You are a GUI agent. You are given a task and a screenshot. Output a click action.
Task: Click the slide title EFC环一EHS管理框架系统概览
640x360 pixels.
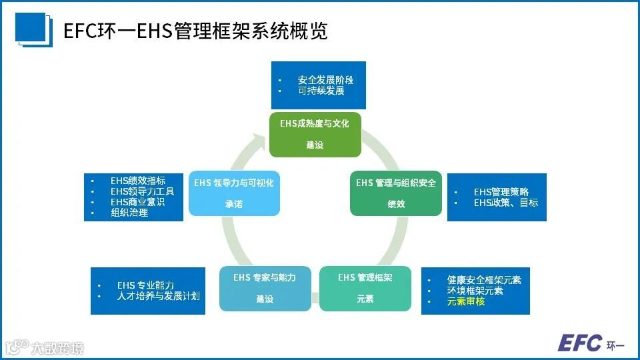(195, 31)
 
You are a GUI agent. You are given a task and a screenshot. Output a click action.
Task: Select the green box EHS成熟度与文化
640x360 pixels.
(315, 134)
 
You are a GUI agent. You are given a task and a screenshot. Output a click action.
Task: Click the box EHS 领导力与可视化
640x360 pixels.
(233, 193)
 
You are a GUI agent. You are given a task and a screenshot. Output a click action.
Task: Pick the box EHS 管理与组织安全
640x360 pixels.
(396, 193)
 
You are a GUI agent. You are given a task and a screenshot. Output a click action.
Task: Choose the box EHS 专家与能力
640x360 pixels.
(265, 288)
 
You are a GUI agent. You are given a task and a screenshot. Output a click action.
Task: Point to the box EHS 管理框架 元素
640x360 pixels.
(365, 288)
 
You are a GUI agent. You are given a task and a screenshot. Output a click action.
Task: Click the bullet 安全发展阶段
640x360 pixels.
(325, 80)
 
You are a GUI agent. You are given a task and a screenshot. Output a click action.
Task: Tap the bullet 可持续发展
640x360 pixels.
(321, 91)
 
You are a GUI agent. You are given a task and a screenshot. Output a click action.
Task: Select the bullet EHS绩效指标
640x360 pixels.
(138, 181)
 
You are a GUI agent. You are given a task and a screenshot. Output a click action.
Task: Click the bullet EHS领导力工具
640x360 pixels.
(143, 191)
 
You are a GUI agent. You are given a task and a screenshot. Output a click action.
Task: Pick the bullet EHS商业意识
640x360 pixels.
(138, 202)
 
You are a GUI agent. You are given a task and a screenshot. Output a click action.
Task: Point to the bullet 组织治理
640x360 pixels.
(129, 213)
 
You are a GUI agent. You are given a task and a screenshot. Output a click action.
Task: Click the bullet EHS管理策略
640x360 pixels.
(501, 192)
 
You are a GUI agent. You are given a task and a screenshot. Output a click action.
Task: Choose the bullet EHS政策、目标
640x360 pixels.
(505, 203)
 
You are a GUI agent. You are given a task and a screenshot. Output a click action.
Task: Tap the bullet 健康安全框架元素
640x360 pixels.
(484, 280)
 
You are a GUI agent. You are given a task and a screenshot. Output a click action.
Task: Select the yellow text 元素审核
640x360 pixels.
(465, 301)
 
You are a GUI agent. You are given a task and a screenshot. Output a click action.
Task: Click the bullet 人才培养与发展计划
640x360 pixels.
(158, 296)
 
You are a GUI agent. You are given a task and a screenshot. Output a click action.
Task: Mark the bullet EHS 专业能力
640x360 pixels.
(145, 285)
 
